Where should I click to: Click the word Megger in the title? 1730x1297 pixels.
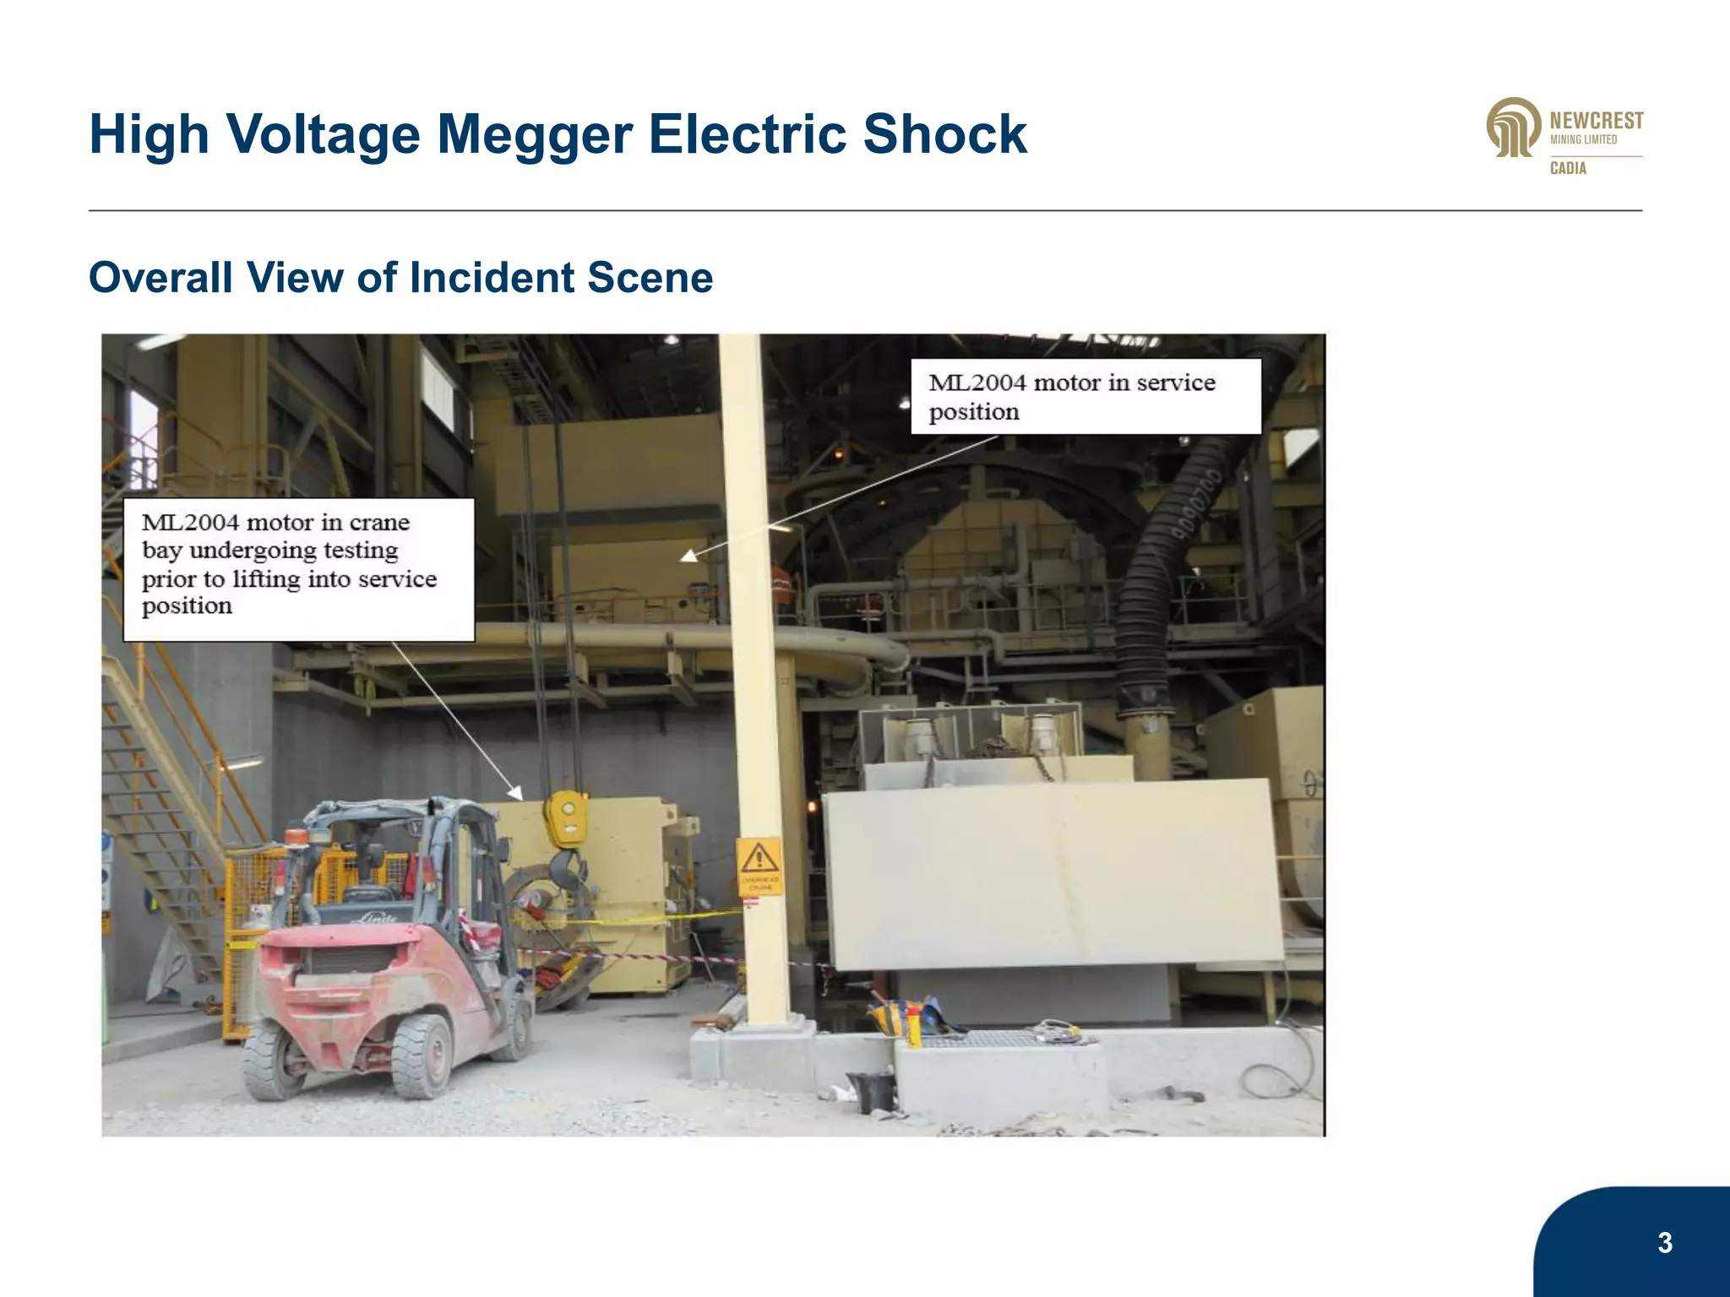click(534, 135)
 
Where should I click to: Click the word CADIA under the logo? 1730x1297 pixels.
click(1568, 168)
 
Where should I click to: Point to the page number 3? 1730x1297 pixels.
click(1664, 1242)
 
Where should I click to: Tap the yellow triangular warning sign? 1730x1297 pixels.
click(759, 860)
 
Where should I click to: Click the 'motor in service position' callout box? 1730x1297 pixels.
click(1085, 397)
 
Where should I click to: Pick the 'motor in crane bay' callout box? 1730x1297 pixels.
click(298, 569)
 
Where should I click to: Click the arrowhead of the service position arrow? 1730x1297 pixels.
click(688, 556)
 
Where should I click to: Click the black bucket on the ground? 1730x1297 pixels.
click(871, 1090)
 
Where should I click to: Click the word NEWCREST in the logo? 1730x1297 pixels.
click(1597, 122)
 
